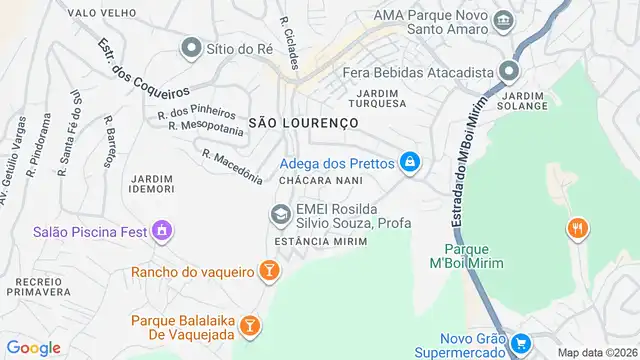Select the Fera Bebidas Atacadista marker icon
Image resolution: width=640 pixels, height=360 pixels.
pos(509,72)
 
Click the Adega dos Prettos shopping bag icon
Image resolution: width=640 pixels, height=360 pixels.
pos(409,161)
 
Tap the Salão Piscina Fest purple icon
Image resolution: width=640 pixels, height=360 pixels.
pos(159,232)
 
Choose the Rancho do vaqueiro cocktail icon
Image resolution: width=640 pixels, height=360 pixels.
pos(267,271)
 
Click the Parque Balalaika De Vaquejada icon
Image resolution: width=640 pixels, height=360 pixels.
pos(249,326)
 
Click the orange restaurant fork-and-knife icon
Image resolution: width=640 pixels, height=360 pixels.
pos(577,229)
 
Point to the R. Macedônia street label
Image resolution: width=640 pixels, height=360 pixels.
pos(231,166)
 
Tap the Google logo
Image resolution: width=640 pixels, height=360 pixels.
pos(34,348)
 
